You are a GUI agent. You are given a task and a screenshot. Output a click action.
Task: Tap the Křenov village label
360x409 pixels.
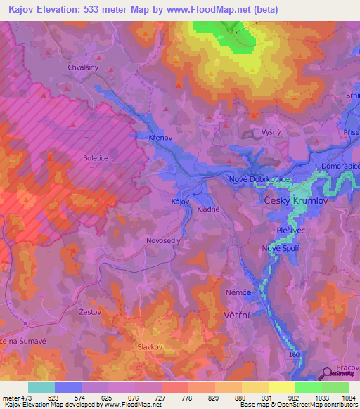161,138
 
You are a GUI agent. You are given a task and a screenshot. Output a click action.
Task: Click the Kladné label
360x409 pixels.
209,209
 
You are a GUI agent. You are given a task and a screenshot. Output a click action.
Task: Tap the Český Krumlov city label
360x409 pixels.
295,200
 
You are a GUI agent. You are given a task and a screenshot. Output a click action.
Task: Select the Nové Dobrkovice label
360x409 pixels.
260,180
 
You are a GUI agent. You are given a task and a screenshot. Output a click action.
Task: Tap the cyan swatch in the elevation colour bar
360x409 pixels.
41,387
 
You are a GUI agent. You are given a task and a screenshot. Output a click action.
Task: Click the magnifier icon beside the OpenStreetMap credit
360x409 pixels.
327,374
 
